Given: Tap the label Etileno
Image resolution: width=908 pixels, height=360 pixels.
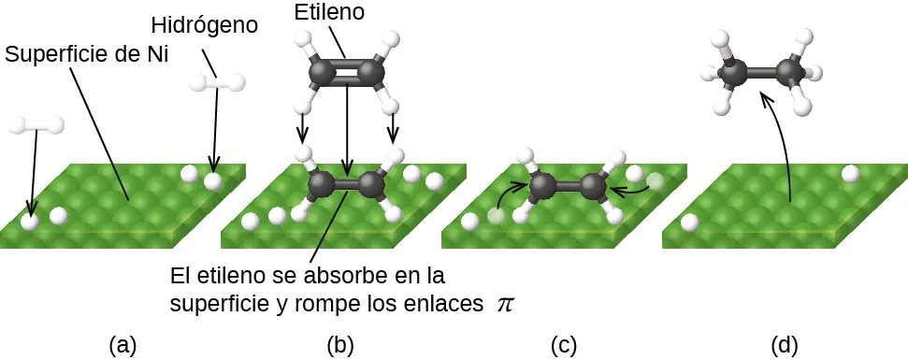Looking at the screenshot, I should point(328,12).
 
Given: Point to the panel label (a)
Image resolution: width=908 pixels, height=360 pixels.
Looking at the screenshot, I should point(123,344).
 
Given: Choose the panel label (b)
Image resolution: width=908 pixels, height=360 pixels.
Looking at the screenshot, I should point(340,344).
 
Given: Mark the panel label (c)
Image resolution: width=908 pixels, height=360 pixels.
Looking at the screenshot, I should point(563,344).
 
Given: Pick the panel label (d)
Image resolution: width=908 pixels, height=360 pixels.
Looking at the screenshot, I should point(784,344).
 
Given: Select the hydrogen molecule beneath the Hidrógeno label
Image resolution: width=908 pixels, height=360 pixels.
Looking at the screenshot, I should point(217,82).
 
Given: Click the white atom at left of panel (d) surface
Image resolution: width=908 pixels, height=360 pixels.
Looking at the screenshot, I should point(690,223).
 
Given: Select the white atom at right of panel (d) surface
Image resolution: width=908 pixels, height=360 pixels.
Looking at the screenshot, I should point(850,173).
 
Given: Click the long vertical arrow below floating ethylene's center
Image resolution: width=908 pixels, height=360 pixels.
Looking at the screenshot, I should point(347,131).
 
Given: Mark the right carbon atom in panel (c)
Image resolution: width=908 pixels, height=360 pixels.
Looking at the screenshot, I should point(593,186).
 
